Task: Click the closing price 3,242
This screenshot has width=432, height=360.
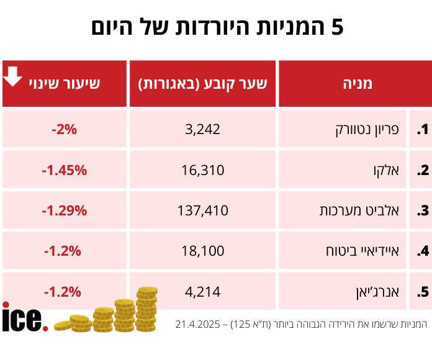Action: (202, 130)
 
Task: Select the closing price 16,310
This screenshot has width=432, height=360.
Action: (202, 170)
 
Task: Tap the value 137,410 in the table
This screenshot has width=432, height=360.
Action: (202, 210)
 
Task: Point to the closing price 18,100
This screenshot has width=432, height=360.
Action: (202, 251)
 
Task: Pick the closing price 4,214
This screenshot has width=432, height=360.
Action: (202, 291)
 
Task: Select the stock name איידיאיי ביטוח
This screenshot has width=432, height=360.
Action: (362, 251)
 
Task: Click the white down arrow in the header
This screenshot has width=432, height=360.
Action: (13, 76)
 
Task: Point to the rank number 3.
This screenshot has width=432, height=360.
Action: (423, 210)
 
